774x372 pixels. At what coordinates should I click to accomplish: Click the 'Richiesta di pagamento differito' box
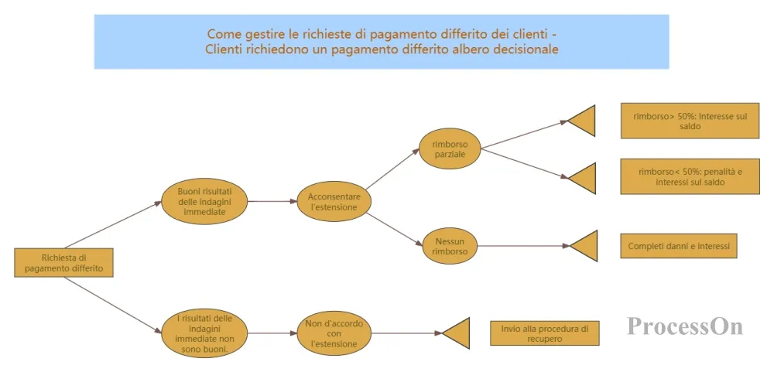click(63, 262)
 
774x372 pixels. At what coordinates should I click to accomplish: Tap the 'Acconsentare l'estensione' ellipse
click(334, 202)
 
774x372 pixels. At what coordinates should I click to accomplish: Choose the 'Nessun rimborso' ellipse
click(450, 245)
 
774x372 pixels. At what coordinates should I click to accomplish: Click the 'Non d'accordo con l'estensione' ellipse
click(334, 333)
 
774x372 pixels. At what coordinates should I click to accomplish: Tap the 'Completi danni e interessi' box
click(679, 245)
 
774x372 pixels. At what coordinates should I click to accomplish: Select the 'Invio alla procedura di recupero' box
click(544, 333)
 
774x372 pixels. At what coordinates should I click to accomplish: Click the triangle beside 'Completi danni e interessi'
click(586, 245)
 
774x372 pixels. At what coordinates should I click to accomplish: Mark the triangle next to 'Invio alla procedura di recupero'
click(459, 333)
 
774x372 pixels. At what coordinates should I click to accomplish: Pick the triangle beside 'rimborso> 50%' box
click(584, 121)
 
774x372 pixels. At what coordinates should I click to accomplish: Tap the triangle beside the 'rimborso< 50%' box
click(584, 178)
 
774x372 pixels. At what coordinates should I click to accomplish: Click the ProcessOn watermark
click(685, 326)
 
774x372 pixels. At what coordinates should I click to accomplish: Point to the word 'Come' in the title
click(221, 34)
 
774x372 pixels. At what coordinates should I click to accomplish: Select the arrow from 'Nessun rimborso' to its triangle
click(523, 246)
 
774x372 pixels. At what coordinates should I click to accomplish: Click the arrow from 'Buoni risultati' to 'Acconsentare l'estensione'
click(273, 201)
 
